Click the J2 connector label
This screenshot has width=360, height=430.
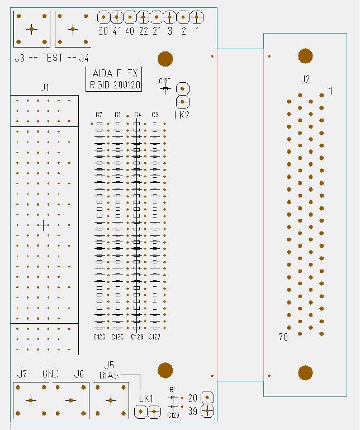[x=305, y=80]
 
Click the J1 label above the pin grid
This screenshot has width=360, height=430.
[x=45, y=87]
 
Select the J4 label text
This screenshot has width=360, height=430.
[x=83, y=58]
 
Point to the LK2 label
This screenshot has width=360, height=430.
[x=181, y=115]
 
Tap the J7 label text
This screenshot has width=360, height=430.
[x=22, y=375]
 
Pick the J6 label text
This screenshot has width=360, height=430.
[x=79, y=375]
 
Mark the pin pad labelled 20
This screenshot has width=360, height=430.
[x=207, y=398]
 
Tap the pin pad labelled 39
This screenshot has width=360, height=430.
[x=207, y=411]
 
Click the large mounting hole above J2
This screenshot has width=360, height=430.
[x=305, y=55]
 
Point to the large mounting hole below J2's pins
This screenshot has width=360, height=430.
[x=305, y=373]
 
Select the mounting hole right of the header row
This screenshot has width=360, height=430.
[x=165, y=58]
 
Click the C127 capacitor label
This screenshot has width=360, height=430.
[x=155, y=337]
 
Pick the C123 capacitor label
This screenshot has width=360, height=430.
[x=100, y=337]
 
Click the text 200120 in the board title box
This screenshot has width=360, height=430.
[x=126, y=86]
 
